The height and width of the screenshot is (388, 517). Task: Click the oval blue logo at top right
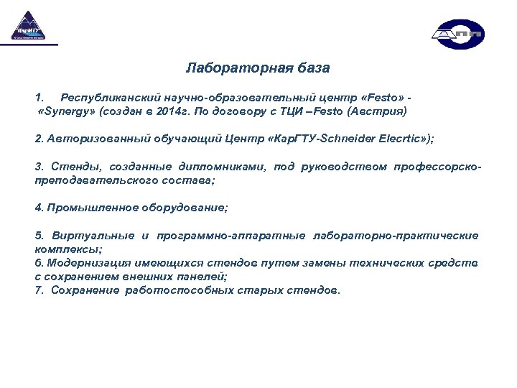pyautogui.click(x=458, y=34)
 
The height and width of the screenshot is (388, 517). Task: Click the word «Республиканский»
pyautogui.click(x=108, y=96)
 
